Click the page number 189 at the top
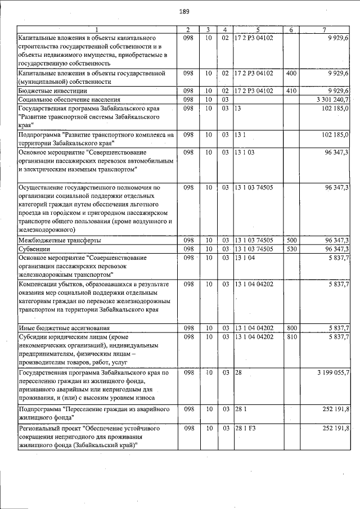point(184,11)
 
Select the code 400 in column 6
point(291,73)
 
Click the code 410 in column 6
point(291,91)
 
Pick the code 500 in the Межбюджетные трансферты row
point(291,240)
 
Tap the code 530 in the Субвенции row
point(291,249)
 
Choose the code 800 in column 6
point(291,327)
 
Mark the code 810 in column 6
point(291,336)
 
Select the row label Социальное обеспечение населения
point(66,99)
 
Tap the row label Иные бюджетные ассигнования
point(64,327)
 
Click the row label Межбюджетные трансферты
point(60,240)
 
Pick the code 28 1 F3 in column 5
point(246,428)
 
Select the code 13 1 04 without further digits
point(245,257)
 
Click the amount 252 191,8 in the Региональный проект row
point(336,428)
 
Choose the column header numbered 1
point(96,29)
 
